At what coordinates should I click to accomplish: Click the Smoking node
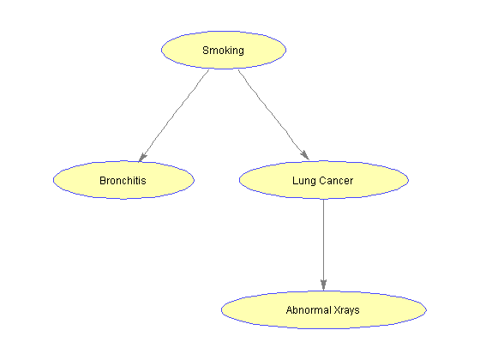(x=224, y=50)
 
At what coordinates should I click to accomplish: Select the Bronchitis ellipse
(x=123, y=180)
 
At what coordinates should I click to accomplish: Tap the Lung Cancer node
(x=324, y=180)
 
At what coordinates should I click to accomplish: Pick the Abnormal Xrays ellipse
(x=324, y=309)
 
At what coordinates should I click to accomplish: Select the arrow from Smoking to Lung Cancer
(x=273, y=115)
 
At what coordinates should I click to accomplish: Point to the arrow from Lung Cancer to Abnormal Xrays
(x=324, y=244)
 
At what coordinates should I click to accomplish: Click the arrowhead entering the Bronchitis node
(x=142, y=157)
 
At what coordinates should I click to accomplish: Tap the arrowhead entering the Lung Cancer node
(x=305, y=155)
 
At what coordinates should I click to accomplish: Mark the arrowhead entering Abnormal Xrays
(x=324, y=285)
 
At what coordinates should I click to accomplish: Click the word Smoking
(x=223, y=51)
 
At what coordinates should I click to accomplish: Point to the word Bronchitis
(x=123, y=181)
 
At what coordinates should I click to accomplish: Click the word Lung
(x=301, y=181)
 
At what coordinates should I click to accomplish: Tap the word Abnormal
(x=309, y=310)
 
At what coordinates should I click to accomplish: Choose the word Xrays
(x=346, y=310)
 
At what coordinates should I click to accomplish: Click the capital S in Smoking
(x=206, y=51)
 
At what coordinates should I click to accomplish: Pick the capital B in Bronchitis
(x=103, y=181)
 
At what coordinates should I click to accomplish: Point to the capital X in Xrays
(x=338, y=310)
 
